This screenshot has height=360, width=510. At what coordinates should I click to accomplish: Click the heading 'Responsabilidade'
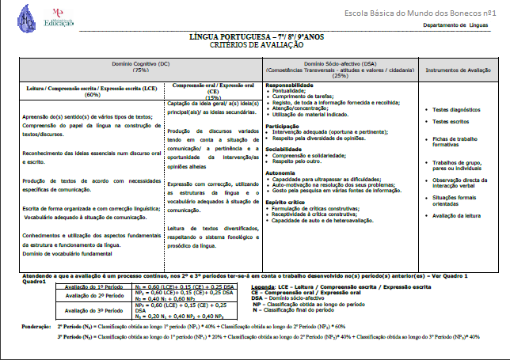pyautogui.click(x=289, y=85)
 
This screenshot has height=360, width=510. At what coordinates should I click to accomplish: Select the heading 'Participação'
pyautogui.click(x=283, y=126)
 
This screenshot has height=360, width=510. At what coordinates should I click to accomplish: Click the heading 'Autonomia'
pyautogui.click(x=280, y=172)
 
